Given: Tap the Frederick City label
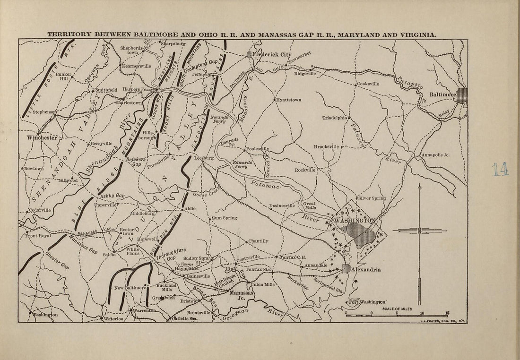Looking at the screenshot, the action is click(272, 54).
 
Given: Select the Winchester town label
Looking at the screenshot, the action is click(42, 137).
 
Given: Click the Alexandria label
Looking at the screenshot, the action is click(367, 269).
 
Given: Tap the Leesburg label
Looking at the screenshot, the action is click(204, 158).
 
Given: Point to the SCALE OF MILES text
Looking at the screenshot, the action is click(397, 309).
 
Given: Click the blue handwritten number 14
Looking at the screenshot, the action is click(500, 169).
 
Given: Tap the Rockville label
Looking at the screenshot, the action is click(305, 170).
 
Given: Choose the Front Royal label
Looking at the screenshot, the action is click(38, 236).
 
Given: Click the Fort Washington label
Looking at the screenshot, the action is click(367, 302).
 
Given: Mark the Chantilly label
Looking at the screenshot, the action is click(258, 241).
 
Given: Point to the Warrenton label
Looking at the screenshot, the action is click(143, 311).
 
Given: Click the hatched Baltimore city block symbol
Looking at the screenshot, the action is click(461, 94).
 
